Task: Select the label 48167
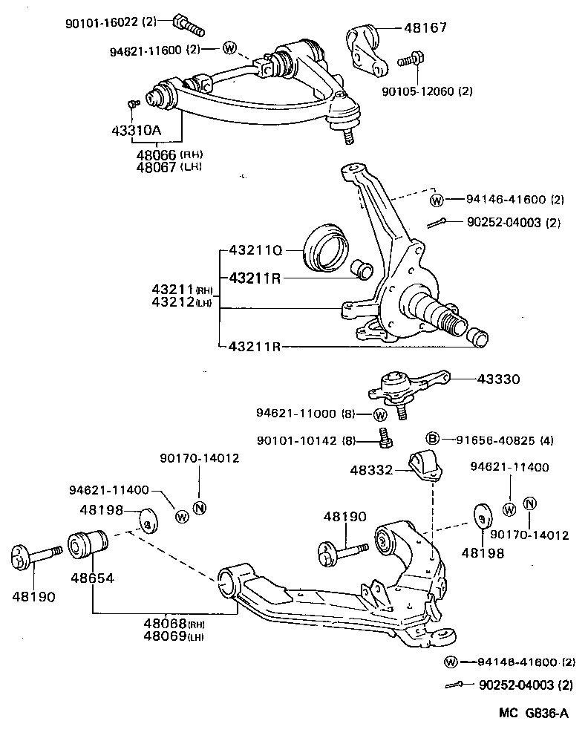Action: (x=427, y=29)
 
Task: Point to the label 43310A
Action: (x=136, y=130)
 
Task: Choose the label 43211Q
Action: (x=255, y=251)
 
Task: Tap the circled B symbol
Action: (x=434, y=439)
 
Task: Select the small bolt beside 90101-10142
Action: (x=384, y=439)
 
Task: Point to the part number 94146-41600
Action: (x=506, y=200)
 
